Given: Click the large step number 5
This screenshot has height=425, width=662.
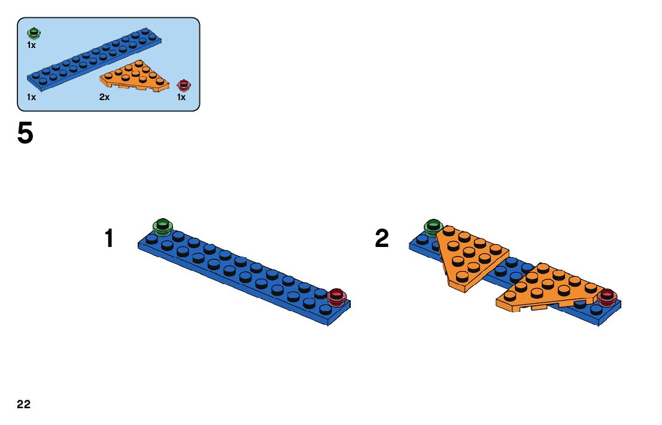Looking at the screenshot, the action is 25,134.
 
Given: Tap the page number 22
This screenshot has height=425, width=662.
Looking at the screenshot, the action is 24,405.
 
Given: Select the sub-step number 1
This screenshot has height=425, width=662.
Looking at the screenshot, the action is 108,239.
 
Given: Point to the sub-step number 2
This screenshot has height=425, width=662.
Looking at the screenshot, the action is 382,239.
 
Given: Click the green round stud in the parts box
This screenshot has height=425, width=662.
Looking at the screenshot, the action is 34,32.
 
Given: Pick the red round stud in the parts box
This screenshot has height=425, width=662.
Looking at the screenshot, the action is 183,85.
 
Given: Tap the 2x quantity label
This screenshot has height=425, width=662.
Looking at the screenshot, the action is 105,97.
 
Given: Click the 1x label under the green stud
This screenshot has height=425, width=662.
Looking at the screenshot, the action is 31,45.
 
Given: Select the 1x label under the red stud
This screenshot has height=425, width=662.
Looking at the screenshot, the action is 181,97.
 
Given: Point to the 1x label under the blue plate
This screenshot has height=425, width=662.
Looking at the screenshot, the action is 31,97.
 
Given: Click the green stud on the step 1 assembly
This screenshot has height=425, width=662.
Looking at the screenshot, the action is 162,227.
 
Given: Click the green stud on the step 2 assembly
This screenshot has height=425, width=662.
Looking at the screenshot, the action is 433,227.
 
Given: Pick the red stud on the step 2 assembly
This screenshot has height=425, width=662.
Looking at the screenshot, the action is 608,296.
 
